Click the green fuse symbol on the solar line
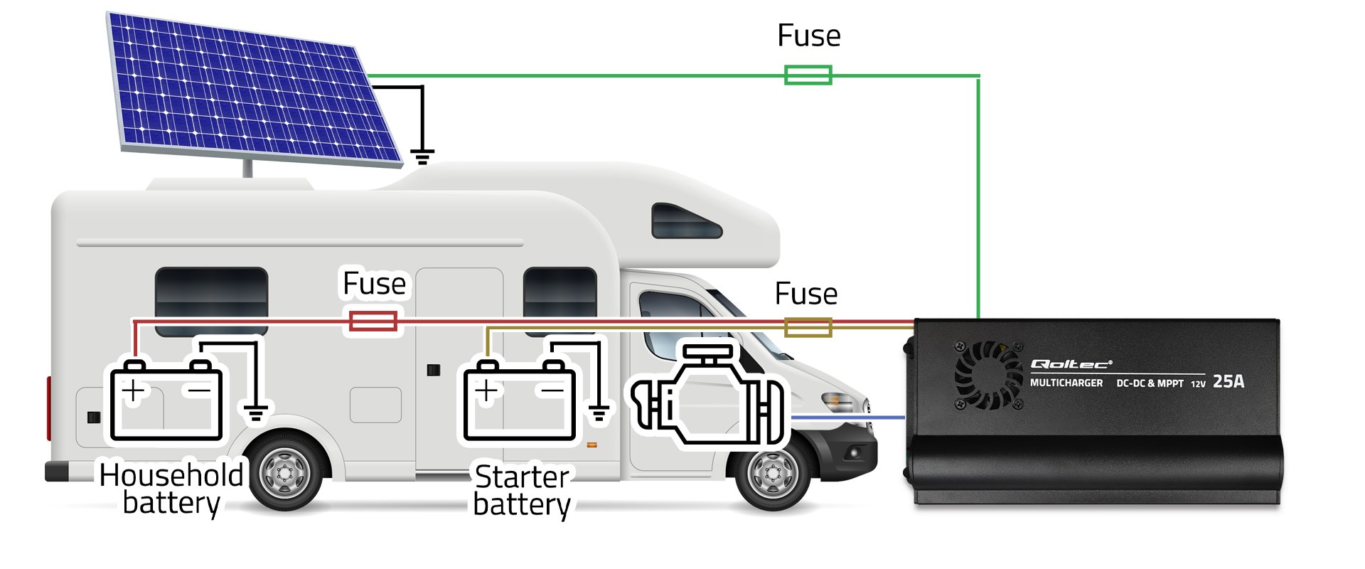coord(808,75)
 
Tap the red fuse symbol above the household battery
coord(373,321)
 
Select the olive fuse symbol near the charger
coord(808,327)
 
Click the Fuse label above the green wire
coord(808,36)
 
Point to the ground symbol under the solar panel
coord(422,156)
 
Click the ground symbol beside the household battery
coord(256,412)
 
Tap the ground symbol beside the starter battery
coord(599,412)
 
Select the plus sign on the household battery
coord(133,390)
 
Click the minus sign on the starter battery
coord(552,390)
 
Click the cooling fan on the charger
coord(988,375)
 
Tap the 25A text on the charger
coord(1228,382)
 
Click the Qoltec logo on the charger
coord(1071,364)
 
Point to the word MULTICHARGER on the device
coord(1066,383)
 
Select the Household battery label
coord(171,489)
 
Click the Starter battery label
coord(522,490)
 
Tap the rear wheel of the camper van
coord(285,472)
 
